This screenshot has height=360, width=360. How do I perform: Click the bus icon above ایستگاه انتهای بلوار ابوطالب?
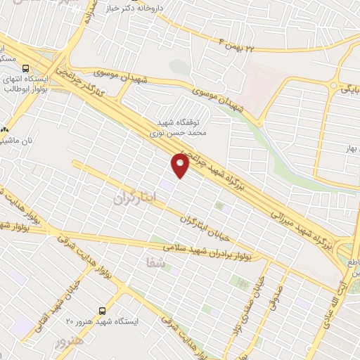26,68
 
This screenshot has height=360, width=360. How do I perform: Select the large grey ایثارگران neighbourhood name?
132,198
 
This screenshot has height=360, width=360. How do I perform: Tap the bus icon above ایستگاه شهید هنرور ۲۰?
103,309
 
